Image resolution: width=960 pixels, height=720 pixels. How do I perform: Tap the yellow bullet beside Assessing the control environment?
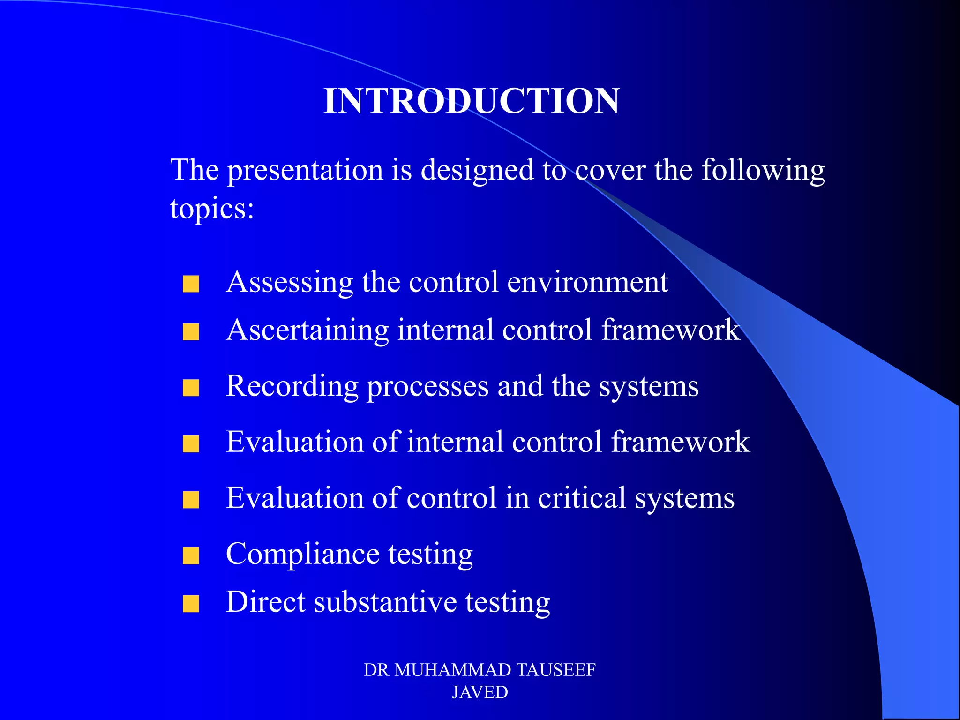coord(191,284)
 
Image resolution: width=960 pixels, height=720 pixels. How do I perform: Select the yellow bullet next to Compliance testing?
coord(191,556)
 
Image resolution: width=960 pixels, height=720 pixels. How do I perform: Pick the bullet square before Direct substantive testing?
coord(191,604)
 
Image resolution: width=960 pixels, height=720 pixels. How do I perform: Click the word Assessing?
coord(289,283)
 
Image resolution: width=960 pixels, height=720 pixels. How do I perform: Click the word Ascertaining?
coord(307,330)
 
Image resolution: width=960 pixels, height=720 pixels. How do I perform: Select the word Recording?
coord(292,386)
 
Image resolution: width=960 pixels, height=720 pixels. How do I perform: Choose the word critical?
coord(582,498)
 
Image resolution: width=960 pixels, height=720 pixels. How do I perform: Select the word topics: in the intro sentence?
coord(212,209)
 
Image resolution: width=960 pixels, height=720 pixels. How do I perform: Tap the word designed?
coord(477,171)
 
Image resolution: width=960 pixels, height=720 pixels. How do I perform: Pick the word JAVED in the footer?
coord(480,692)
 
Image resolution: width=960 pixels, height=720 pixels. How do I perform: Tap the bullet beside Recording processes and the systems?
coord(191,388)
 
